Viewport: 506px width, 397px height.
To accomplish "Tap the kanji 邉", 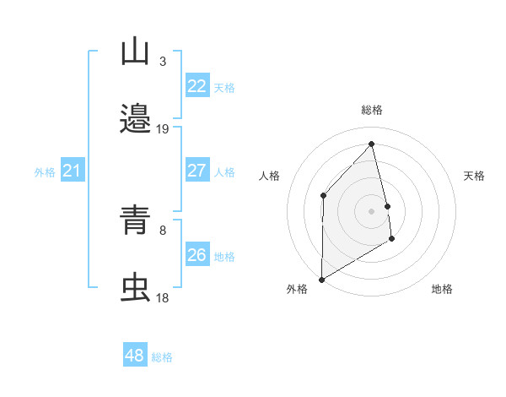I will [x=135, y=119].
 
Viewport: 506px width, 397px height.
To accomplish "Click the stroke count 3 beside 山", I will [x=163, y=62].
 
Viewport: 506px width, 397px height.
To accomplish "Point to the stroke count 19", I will [x=163, y=128].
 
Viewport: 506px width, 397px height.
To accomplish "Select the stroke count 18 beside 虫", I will [x=163, y=297].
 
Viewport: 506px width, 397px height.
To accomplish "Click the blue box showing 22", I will [x=197, y=86].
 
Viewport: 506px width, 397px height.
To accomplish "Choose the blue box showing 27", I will [x=197, y=171].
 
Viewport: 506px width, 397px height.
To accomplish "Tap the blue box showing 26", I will [x=197, y=255].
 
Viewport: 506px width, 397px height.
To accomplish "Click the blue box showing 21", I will [x=73, y=171].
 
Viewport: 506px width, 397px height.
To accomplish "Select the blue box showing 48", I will [x=135, y=356].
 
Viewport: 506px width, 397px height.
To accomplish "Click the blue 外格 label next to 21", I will [x=45, y=172].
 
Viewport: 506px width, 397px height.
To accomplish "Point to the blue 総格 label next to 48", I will [x=162, y=357].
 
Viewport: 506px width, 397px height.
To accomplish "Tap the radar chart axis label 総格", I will [x=372, y=110].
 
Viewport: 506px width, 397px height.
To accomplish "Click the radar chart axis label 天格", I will [x=475, y=176].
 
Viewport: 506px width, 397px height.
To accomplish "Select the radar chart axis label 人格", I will [x=270, y=176].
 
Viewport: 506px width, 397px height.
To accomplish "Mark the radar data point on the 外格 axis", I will [x=321, y=279].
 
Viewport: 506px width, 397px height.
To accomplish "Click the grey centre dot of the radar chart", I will [x=372, y=210].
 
